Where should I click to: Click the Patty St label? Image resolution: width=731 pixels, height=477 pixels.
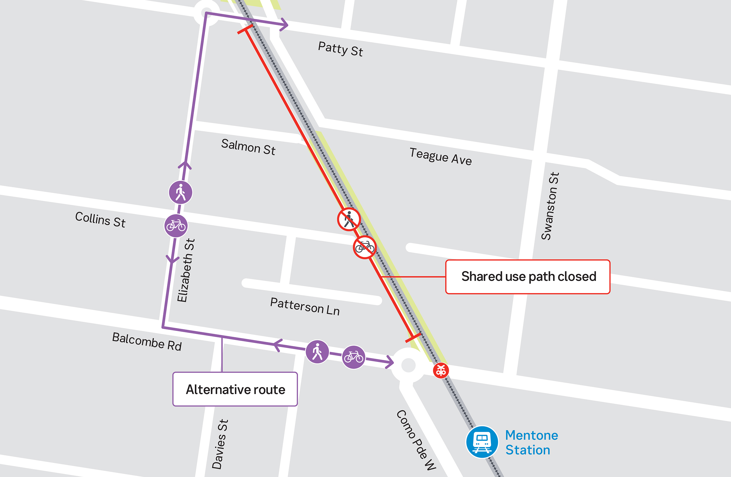click(x=340, y=49)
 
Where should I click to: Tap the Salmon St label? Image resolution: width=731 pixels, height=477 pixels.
click(x=248, y=147)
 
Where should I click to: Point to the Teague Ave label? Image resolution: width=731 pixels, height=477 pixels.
click(x=440, y=157)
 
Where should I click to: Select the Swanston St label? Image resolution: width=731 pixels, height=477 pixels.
click(x=550, y=206)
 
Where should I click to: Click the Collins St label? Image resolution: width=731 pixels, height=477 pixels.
click(x=100, y=220)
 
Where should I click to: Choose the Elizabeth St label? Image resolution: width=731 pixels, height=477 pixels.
click(x=186, y=270)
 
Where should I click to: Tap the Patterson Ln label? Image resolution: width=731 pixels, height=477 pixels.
click(x=305, y=306)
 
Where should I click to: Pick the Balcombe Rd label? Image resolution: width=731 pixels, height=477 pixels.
click(x=147, y=341)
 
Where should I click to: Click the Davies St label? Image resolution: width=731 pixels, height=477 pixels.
click(x=220, y=444)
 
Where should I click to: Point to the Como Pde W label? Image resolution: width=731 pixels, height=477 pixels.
click(x=416, y=440)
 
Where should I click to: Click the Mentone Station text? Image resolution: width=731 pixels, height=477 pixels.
click(x=532, y=443)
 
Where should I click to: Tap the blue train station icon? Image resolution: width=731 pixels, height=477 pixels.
click(x=482, y=442)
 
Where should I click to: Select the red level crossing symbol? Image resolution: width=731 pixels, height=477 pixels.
click(x=441, y=370)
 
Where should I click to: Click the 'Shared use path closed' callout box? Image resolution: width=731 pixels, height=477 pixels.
click(x=528, y=277)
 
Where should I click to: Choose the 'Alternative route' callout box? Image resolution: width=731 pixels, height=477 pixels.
click(x=235, y=389)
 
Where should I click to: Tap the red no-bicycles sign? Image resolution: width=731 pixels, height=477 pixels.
click(x=365, y=247)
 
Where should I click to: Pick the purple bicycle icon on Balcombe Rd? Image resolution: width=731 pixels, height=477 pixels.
click(x=354, y=357)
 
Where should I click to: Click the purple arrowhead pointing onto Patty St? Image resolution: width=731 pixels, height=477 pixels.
click(x=285, y=25)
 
